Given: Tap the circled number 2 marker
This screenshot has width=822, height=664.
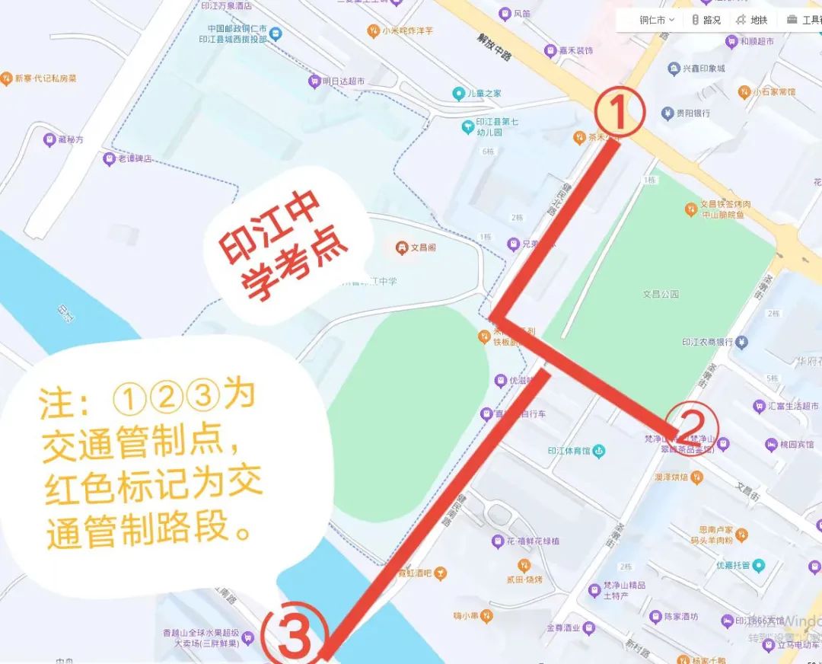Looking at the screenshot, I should click(x=691, y=428).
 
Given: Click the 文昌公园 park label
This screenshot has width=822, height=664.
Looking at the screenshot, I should click(x=660, y=293).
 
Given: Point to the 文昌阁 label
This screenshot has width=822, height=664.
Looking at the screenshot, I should click(x=422, y=247).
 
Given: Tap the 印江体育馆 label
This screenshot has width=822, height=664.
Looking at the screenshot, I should click(x=569, y=451).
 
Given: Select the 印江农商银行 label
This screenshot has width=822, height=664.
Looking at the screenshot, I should click(x=706, y=342).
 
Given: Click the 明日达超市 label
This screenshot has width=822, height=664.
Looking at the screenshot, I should click(x=342, y=81).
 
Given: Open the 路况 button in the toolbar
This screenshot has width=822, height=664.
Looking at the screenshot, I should click(x=712, y=21).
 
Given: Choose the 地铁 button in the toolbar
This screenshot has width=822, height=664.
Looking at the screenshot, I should click(x=758, y=21).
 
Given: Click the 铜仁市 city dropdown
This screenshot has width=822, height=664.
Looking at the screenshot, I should click(x=656, y=21).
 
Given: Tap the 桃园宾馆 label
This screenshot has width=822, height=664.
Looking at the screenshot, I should click(x=796, y=444).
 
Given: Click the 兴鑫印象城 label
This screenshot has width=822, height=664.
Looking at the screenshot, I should click(x=703, y=69).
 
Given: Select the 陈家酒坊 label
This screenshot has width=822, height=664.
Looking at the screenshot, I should click(x=680, y=616).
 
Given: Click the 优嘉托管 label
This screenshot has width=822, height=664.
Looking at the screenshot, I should click(x=733, y=565).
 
